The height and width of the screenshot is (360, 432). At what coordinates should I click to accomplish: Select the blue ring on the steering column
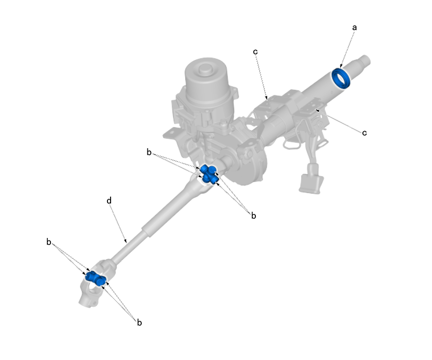pos(341,79)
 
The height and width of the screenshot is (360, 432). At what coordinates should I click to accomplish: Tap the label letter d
pos(109,201)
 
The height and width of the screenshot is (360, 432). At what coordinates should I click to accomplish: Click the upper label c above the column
pos(256,51)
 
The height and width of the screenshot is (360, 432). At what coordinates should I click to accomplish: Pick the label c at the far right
pos(364,133)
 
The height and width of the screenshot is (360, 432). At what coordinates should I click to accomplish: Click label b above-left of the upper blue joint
pos(149,152)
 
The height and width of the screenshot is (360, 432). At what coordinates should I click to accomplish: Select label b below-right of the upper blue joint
pos(253,215)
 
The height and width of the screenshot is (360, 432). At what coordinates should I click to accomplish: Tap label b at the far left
pos(49,242)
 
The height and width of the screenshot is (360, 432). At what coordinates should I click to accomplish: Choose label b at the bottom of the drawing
pos(140,322)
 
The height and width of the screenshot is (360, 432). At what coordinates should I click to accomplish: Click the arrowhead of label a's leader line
pos(341,68)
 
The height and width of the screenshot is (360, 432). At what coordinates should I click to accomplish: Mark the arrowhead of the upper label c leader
pos(266,98)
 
